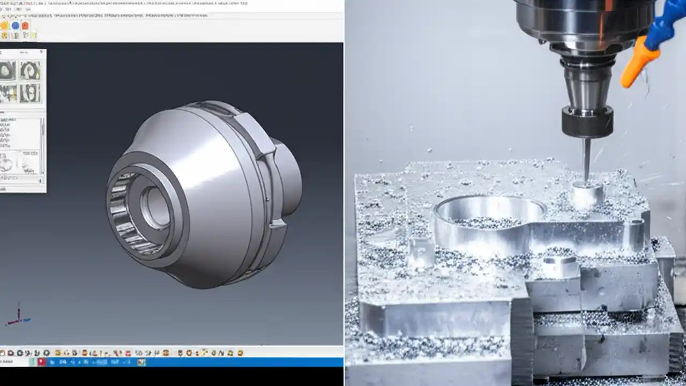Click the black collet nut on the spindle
[x=587, y=121]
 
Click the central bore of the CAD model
[x=155, y=206]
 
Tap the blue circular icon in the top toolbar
[x=15, y=26]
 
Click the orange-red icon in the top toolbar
[x=25, y=26]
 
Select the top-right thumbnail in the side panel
[x=30, y=70]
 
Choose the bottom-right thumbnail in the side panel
[x=30, y=93]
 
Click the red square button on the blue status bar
[x=41, y=362]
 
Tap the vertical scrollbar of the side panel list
[x=42, y=145]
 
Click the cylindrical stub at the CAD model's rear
[x=289, y=177]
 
